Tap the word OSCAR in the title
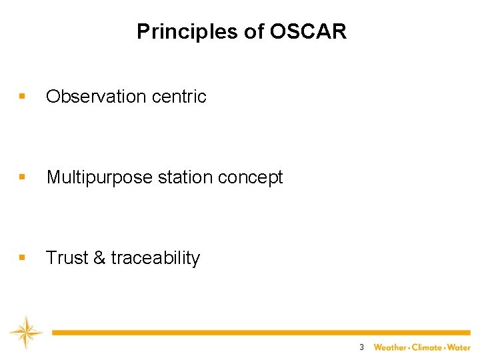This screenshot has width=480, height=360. tap(308, 31)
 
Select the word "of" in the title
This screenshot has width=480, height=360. tap(256, 31)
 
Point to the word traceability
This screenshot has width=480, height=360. tap(155, 258)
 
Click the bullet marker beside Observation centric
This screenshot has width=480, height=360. tap(23, 97)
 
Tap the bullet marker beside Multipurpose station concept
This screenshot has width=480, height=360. tap(23, 177)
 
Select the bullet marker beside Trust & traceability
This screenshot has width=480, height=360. tap(23, 258)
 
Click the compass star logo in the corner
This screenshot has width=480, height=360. tap(25, 333)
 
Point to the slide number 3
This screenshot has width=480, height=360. tap(361, 347)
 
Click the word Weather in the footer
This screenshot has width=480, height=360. tap(390, 347)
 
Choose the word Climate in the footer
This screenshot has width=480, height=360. tap(427, 347)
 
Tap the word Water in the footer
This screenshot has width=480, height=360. tap(459, 347)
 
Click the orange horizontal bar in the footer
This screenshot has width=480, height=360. tap(260, 332)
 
